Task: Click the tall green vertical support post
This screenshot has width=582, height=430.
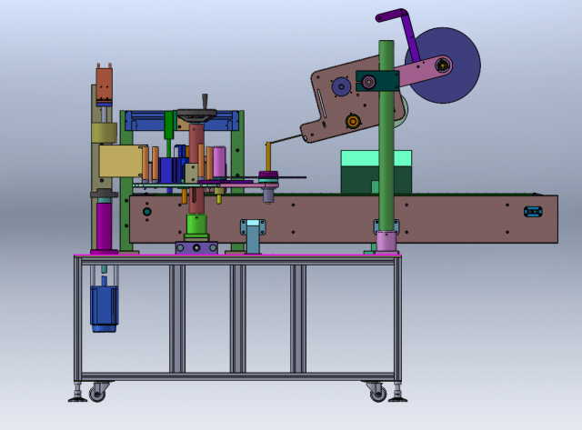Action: pos(386,155)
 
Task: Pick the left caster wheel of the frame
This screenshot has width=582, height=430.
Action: pos(96,392)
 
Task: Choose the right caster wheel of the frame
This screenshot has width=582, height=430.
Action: pos(376,392)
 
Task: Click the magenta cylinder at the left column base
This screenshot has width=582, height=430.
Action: pos(104,225)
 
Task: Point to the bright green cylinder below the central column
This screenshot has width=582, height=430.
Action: pos(196,225)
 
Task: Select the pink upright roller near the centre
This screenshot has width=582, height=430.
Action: pos(219,163)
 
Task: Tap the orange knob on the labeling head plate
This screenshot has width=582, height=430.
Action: pos(353,121)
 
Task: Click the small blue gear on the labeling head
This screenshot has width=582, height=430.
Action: pos(341,86)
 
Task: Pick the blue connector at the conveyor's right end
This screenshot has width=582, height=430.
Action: pos(532,211)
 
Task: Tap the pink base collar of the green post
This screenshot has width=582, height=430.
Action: pos(386,241)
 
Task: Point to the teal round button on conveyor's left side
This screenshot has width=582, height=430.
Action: pos(147,212)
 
